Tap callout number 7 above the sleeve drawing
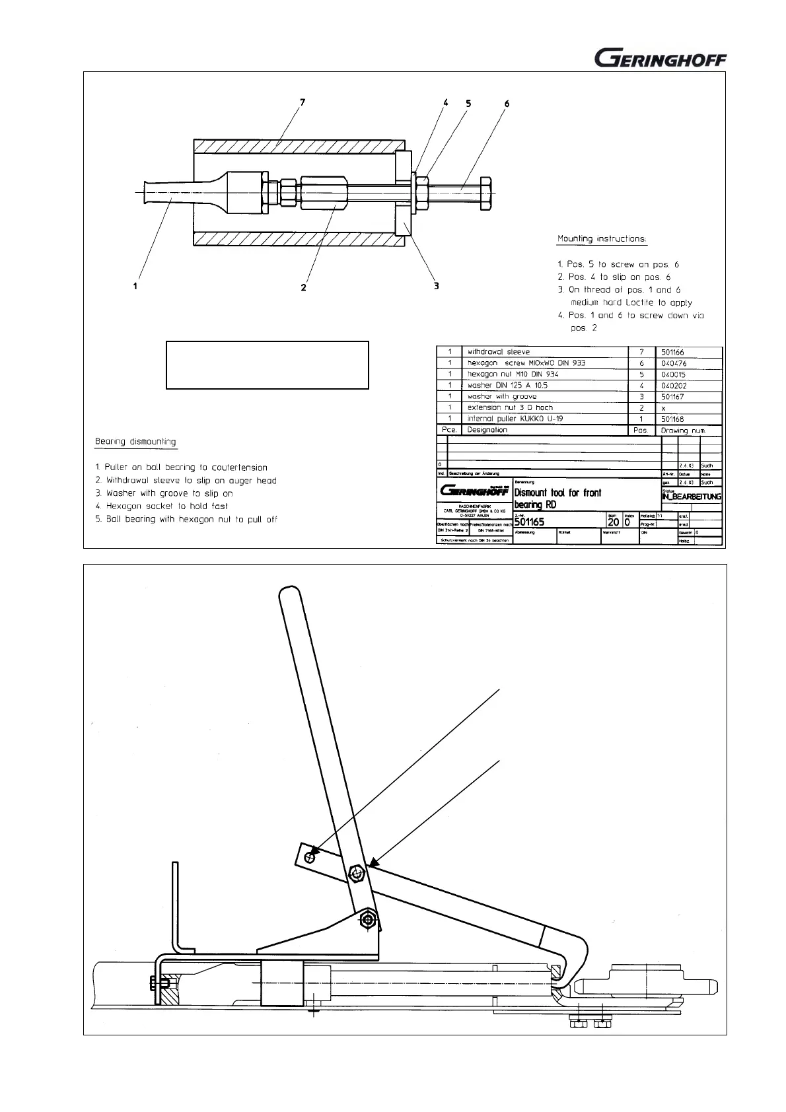coord(302,103)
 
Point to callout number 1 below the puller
coord(135,286)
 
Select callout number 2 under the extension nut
coord(303,287)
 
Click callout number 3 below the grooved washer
coord(436,286)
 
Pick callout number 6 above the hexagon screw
coord(507,104)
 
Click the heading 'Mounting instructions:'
coord(602,238)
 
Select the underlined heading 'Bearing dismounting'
coord(135,441)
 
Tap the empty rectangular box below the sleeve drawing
coord(267,365)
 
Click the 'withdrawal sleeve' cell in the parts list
coord(499,352)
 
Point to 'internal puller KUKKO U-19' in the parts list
coord(515,419)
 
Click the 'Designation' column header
coord(487,430)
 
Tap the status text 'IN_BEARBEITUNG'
coord(691,497)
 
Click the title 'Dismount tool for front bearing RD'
coord(558,499)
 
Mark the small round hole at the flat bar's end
coord(309,856)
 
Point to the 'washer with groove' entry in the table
coord(502,396)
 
